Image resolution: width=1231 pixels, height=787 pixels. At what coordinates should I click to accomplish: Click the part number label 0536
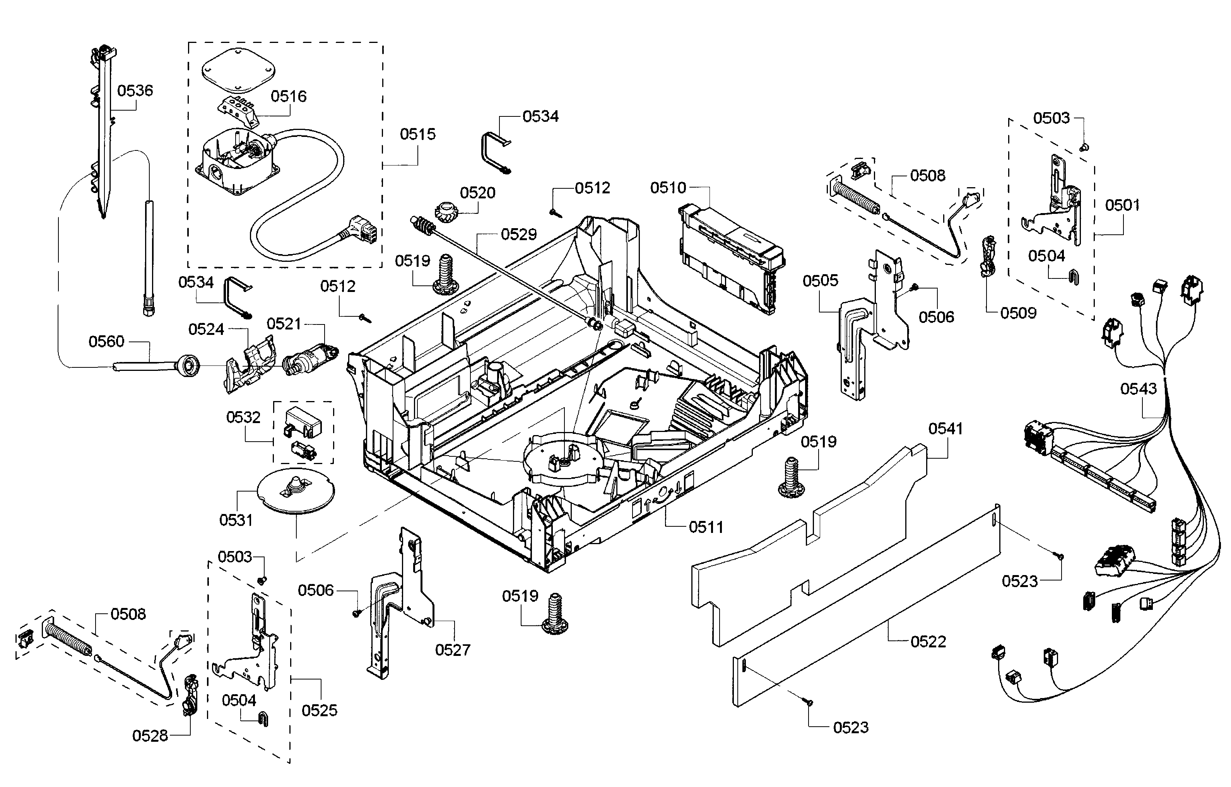click(x=135, y=91)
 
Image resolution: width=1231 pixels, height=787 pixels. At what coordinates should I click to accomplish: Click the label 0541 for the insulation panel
click(x=945, y=429)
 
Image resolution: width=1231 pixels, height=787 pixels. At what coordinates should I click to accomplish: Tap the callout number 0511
click(x=706, y=528)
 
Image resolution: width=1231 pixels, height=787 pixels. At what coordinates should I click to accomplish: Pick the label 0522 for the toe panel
click(x=928, y=642)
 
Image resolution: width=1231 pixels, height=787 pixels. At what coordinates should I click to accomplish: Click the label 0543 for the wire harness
click(x=1138, y=389)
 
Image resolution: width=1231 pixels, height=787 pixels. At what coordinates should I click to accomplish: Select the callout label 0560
click(x=106, y=341)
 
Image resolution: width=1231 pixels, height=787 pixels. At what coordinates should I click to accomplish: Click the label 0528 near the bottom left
click(x=150, y=736)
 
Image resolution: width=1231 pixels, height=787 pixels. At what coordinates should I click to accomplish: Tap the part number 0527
click(x=452, y=650)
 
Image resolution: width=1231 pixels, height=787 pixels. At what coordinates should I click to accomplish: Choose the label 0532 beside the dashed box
click(x=243, y=418)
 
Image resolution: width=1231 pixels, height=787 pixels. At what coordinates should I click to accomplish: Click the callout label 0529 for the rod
click(x=518, y=235)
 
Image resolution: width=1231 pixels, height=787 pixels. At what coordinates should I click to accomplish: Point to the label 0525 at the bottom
click(x=319, y=710)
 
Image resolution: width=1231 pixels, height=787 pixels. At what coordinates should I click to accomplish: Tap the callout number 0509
click(x=1018, y=313)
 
